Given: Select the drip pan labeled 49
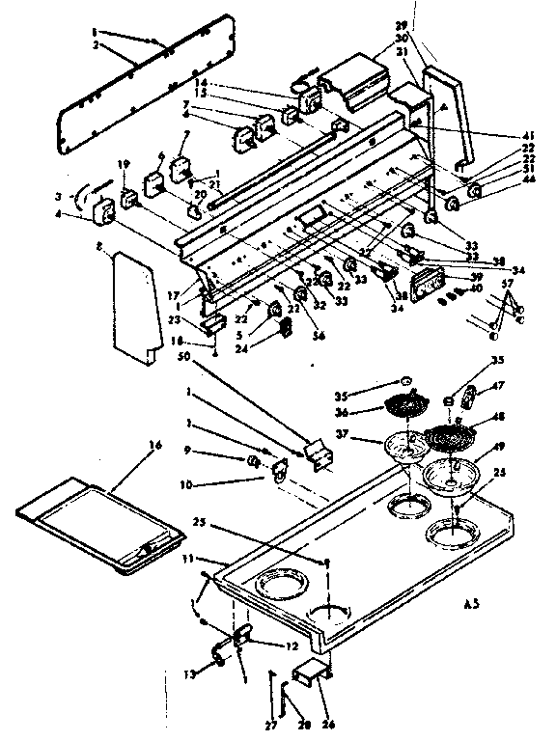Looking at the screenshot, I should tap(447, 474).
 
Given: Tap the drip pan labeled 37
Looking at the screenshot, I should tap(405, 447).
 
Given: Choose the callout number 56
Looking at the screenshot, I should tap(319, 337).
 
